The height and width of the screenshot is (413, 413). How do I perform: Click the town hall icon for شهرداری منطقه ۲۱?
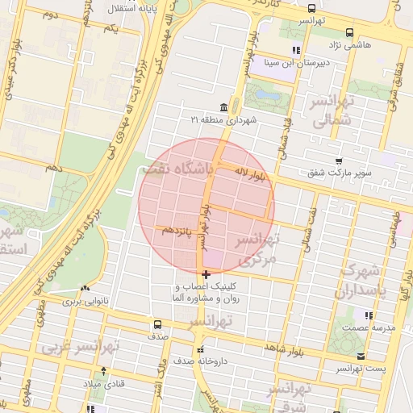click(223, 107)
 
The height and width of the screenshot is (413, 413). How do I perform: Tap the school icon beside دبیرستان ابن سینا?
click(273, 50)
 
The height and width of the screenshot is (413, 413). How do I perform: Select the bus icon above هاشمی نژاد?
click(348, 33)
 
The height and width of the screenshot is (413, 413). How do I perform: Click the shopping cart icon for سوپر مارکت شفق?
click(339, 160)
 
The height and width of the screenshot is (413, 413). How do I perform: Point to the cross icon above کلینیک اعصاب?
click(206, 275)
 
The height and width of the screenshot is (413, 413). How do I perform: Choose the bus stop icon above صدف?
click(157, 324)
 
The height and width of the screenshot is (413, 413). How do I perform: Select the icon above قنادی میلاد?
click(102, 371)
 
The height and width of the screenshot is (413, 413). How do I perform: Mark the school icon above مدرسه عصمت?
click(368, 315)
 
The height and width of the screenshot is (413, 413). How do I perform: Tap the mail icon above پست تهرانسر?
click(360, 356)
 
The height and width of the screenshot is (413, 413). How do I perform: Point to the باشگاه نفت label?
click(175, 169)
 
